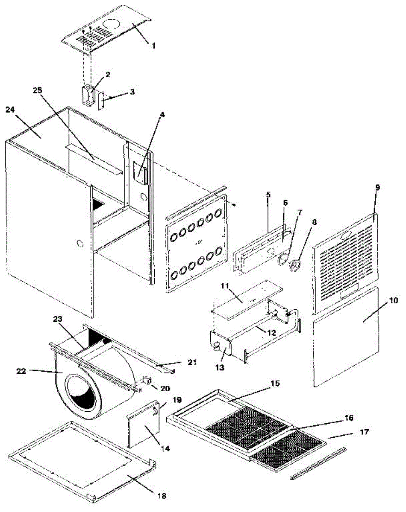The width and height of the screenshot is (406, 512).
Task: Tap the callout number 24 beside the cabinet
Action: click(x=11, y=110)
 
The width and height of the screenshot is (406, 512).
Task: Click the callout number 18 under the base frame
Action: click(x=162, y=496)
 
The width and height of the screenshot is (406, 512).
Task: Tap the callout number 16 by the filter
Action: click(x=349, y=419)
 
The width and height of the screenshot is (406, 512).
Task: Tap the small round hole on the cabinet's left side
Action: click(x=80, y=244)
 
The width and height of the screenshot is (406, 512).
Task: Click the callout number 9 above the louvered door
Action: click(x=377, y=187)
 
